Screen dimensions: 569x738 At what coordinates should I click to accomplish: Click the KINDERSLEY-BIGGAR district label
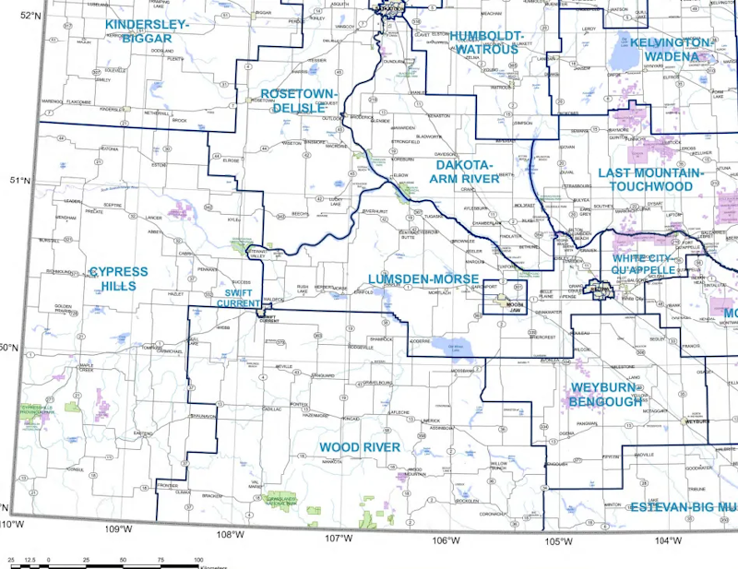(147, 30)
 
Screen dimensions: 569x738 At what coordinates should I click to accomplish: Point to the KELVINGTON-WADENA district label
(671, 50)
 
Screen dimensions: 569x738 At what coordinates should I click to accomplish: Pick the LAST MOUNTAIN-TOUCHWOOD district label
(650, 179)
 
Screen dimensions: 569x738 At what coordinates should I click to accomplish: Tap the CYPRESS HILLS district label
(118, 279)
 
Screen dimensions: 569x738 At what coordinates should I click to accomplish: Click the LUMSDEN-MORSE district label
(423, 279)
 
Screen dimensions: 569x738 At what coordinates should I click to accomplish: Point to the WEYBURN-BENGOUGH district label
(606, 394)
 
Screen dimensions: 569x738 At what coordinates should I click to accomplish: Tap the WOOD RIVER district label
(360, 447)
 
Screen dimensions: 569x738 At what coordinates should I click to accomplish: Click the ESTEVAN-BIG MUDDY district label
(684, 507)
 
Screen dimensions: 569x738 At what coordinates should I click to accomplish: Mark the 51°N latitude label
(18, 182)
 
